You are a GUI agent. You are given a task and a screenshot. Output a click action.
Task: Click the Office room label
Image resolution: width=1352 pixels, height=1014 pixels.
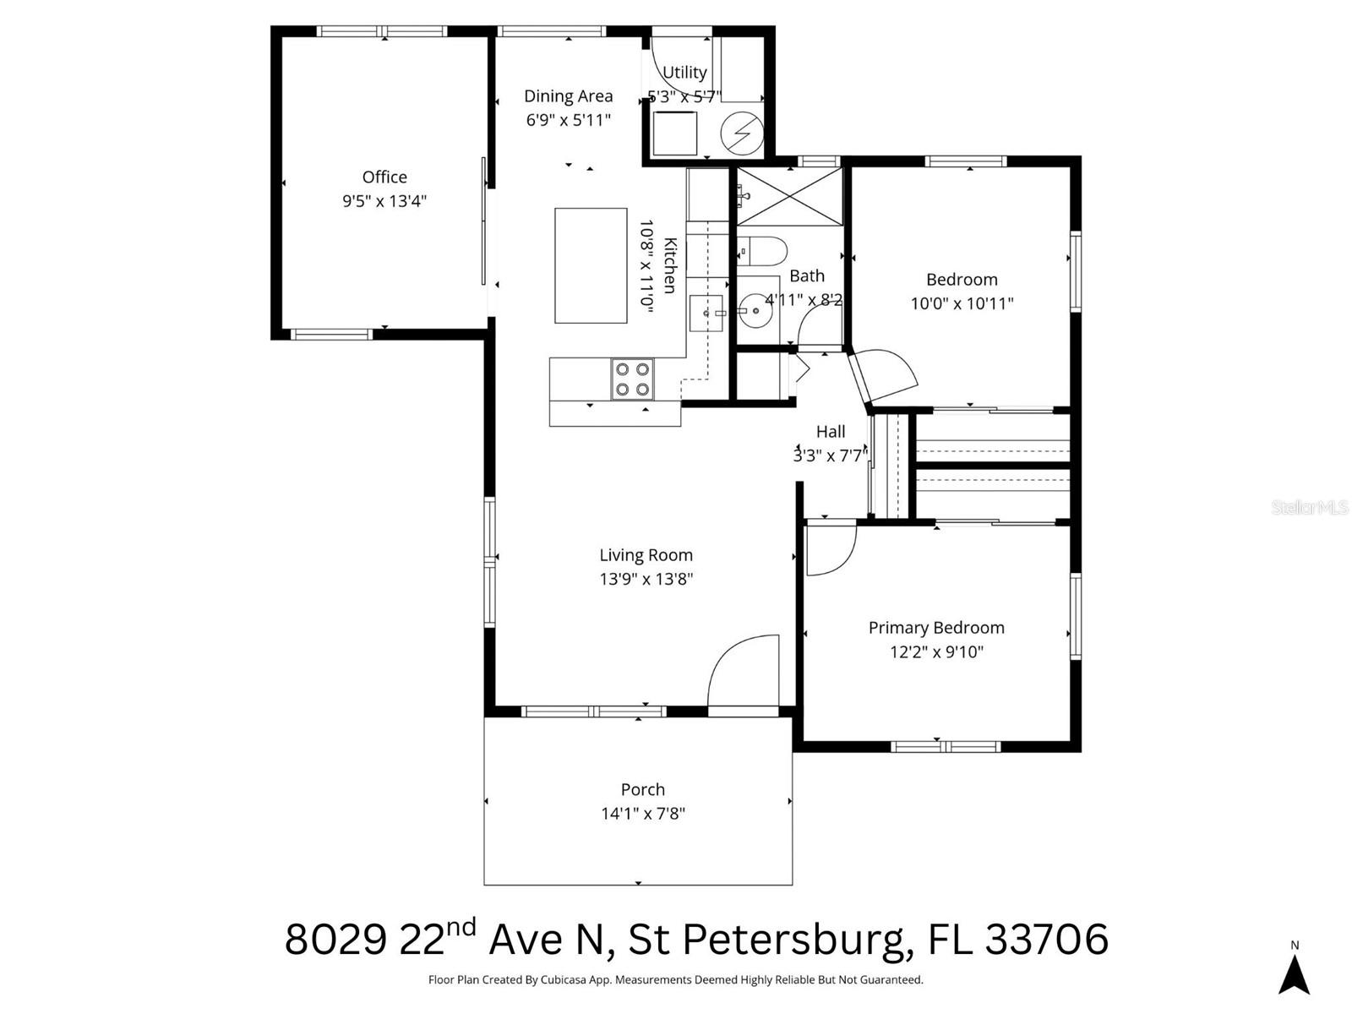(384, 177)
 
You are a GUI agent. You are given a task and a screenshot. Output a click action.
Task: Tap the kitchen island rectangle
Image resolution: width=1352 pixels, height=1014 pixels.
(591, 265)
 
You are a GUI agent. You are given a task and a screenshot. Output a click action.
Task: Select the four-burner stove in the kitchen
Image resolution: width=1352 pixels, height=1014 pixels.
(632, 379)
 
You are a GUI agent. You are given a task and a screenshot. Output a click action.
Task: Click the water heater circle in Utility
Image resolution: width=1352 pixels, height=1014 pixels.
(742, 134)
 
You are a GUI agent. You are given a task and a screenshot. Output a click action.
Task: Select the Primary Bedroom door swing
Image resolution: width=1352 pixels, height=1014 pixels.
(830, 550)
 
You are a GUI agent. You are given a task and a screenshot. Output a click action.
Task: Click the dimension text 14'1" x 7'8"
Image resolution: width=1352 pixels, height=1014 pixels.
(642, 814)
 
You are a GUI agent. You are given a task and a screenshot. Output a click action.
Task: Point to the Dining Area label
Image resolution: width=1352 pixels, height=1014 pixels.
(568, 96)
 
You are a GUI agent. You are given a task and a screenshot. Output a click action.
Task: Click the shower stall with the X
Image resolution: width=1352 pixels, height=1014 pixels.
(789, 196)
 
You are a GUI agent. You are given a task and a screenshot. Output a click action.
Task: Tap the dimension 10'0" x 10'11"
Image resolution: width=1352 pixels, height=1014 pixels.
(962, 303)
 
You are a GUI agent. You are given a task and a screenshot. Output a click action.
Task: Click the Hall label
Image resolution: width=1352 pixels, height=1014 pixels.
(831, 432)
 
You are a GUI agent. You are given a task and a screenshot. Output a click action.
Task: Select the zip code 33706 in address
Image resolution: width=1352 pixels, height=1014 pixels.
(1046, 940)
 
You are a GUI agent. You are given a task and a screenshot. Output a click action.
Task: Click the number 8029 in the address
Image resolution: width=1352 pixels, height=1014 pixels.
(335, 940)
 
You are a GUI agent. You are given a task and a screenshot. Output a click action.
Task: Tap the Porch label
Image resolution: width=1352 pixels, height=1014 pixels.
(642, 789)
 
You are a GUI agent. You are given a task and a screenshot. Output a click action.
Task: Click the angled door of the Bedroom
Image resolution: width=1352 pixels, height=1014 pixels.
(883, 377)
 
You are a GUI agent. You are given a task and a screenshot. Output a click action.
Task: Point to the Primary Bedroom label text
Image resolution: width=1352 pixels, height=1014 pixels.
(936, 628)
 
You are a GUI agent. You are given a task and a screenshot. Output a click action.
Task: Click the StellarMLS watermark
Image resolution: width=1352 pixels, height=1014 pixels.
(1310, 508)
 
